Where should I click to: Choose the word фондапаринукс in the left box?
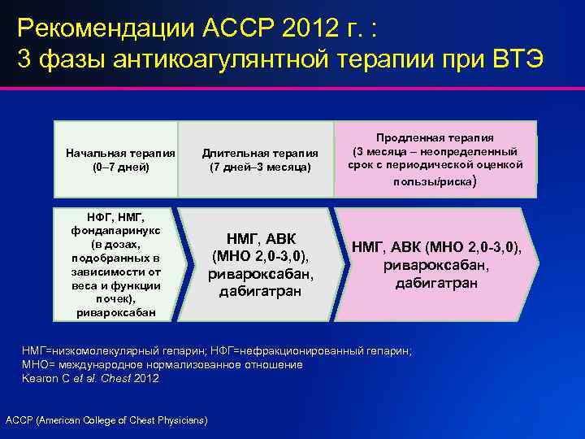pyautogui.click(x=115, y=230)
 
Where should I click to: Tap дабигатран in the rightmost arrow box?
pyautogui.click(x=435, y=284)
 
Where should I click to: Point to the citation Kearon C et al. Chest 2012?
pyautogui.click(x=90, y=378)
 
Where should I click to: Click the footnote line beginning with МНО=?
pyautogui.click(x=162, y=364)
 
